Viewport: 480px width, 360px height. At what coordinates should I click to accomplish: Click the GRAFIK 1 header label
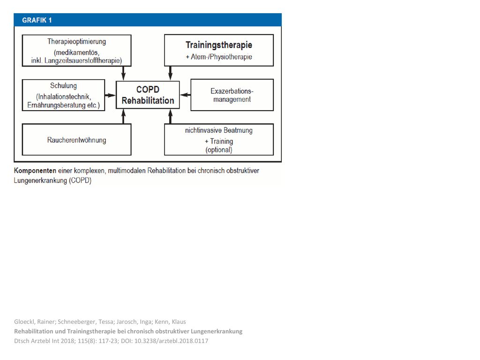point(37,20)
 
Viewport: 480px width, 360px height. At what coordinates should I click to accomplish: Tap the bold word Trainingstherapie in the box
point(219,45)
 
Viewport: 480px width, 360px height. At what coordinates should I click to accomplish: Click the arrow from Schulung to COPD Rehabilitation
point(110,95)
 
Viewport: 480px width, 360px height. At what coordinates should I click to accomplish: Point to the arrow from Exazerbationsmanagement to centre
point(185,95)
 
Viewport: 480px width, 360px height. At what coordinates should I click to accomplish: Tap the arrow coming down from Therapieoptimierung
point(123,74)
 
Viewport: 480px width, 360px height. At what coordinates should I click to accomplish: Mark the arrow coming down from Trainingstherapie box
point(171,74)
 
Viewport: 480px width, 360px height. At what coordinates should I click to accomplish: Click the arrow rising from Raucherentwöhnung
point(123,116)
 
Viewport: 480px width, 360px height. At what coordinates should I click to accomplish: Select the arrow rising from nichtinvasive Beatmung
point(171,116)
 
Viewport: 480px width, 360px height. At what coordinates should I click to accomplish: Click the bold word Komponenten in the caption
point(35,171)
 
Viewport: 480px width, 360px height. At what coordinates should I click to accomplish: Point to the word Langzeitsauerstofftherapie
point(82,60)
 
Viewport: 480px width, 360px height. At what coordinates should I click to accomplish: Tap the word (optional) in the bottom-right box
point(219,150)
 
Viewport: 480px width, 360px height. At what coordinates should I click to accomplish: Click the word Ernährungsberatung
point(57,105)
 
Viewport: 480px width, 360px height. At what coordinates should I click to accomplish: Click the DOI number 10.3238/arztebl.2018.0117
point(172,341)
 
